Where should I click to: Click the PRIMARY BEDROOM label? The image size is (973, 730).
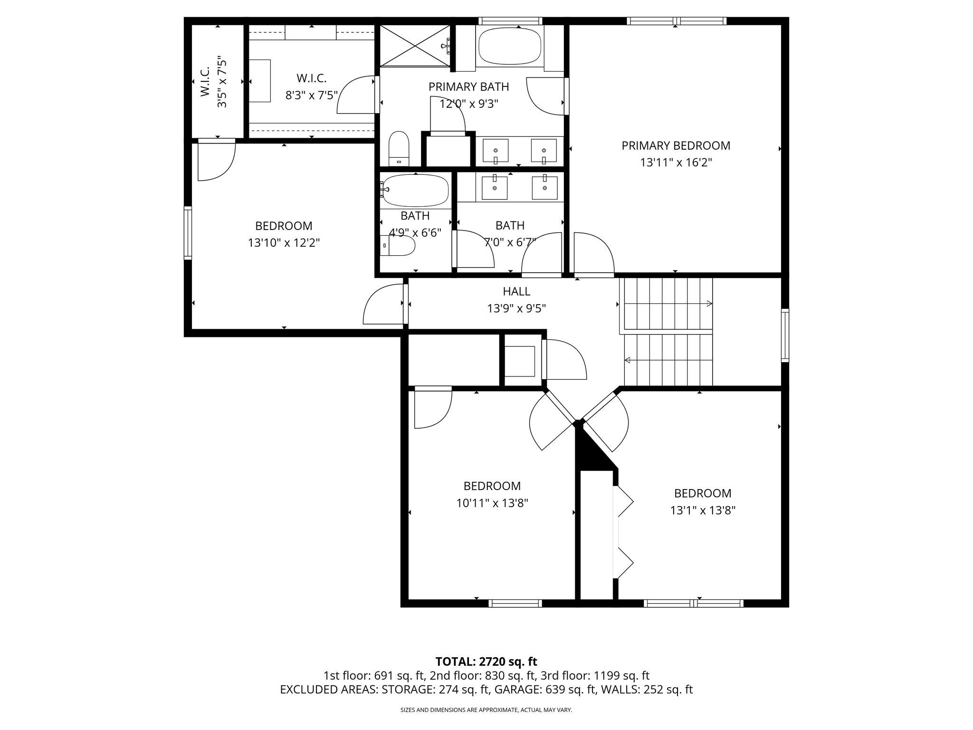[676, 145]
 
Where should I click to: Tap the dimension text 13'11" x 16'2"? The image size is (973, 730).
[676, 163]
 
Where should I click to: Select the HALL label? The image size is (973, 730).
[516, 291]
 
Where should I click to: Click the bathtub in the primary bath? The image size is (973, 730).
[510, 46]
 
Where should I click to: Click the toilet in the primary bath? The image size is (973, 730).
[399, 147]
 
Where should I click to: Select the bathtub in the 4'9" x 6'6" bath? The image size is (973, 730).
[415, 191]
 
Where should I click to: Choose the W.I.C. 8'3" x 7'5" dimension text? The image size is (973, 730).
[311, 95]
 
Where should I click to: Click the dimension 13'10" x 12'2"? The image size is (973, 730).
[284, 243]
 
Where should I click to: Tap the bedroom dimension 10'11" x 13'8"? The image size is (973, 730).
[492, 503]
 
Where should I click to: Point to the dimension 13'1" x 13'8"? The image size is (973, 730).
[703, 510]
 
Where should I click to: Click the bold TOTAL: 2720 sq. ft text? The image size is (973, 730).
[486, 662]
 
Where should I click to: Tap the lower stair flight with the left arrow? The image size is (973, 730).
[668, 360]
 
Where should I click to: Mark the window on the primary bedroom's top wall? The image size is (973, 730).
[676, 21]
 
